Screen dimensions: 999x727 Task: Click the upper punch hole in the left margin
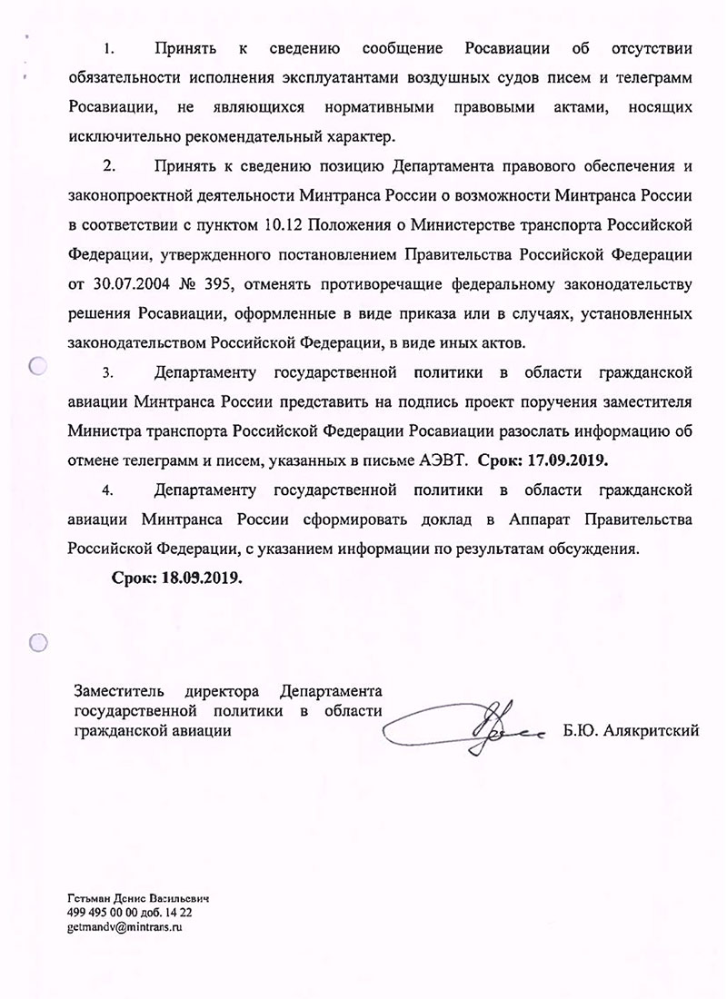point(38,367)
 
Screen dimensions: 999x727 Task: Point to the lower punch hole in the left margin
point(38,643)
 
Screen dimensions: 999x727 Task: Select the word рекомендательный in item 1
point(240,136)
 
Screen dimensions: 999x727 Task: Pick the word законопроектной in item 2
point(128,195)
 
